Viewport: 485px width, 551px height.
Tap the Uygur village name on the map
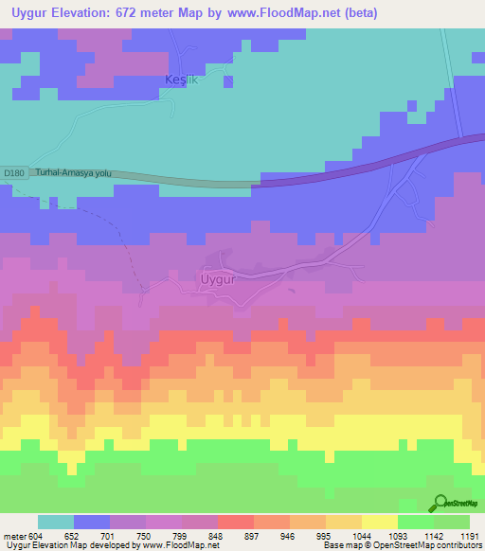click(x=224, y=280)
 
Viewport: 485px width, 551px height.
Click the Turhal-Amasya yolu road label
click(x=74, y=173)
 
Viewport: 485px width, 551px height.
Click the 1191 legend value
click(x=469, y=535)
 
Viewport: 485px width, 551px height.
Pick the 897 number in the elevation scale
click(x=253, y=535)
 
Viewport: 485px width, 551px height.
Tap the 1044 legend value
click(x=361, y=535)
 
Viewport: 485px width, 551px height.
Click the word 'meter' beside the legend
click(x=13, y=535)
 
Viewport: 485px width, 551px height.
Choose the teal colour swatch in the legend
click(x=56, y=522)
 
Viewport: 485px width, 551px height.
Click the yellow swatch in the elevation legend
click(x=380, y=522)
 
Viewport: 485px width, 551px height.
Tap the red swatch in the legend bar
click(x=236, y=522)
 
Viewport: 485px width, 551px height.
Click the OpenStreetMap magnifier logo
click(x=440, y=503)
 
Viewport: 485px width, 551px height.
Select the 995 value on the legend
click(x=325, y=535)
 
